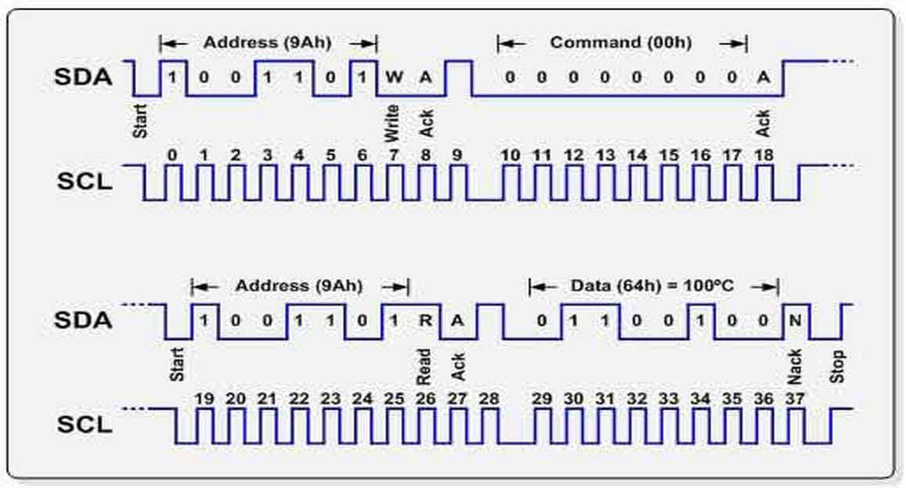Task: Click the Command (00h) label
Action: point(621,42)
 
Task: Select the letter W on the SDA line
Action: point(393,77)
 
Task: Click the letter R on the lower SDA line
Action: point(425,320)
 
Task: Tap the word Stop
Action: point(838,367)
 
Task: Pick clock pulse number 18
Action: point(763,155)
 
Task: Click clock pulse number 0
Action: point(172,155)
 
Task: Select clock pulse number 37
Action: point(796,399)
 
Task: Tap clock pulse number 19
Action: point(204,399)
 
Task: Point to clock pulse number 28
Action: point(489,399)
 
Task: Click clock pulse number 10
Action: point(511,155)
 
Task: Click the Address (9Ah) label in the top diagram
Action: point(268,42)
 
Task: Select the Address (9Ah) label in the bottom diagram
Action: point(300,286)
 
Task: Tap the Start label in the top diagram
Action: point(141,121)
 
